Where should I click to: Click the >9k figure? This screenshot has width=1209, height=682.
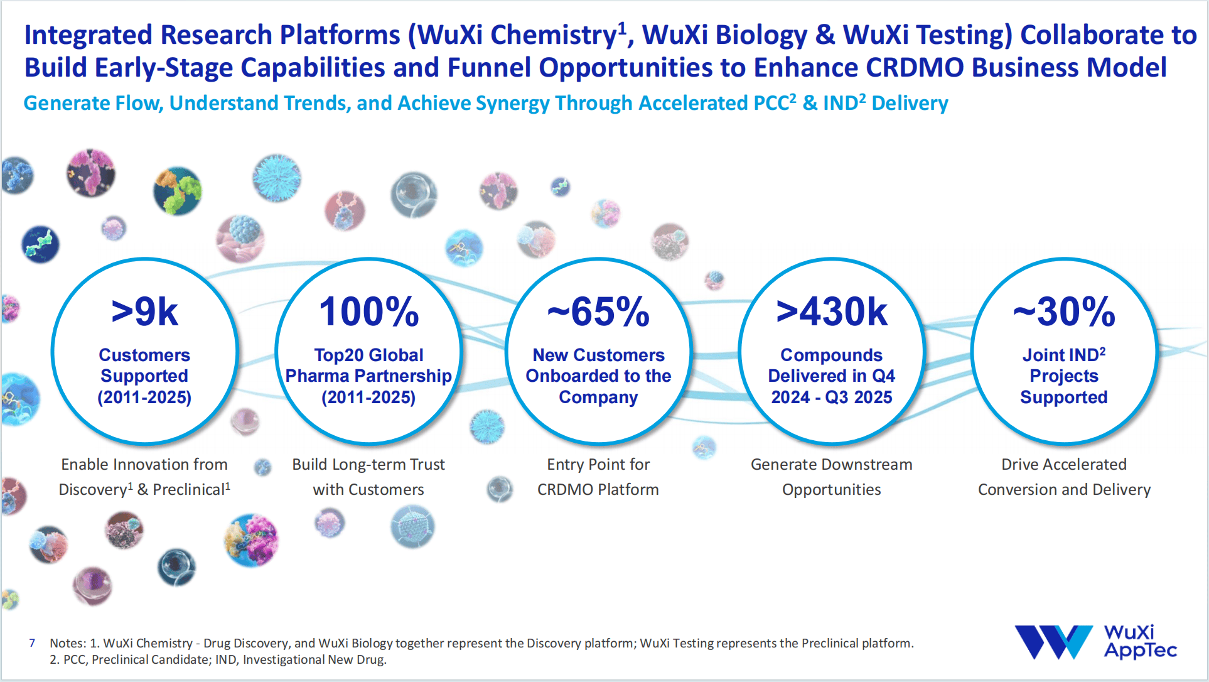click(144, 312)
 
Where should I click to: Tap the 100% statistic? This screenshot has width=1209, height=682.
click(368, 312)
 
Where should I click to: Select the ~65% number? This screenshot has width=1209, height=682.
click(598, 312)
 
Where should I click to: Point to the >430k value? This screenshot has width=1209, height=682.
click(831, 312)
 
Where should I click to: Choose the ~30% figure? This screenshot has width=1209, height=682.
click(1064, 312)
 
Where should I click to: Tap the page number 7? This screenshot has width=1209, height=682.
click(32, 643)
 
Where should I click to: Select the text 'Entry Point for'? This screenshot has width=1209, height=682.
click(598, 465)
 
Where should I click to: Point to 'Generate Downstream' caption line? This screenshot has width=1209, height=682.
click(831, 465)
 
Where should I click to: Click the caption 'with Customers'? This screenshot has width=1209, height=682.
click(368, 490)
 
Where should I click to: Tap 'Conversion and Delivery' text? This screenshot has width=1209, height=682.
click(1064, 490)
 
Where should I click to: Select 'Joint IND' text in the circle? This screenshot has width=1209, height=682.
click(1060, 355)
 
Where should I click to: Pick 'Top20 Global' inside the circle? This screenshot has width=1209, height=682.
click(368, 355)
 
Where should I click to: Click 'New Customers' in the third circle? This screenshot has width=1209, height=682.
click(598, 355)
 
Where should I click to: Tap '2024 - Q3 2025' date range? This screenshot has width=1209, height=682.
click(831, 398)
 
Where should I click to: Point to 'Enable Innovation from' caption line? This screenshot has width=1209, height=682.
click(144, 465)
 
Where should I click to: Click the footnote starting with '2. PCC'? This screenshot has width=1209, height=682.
click(218, 660)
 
